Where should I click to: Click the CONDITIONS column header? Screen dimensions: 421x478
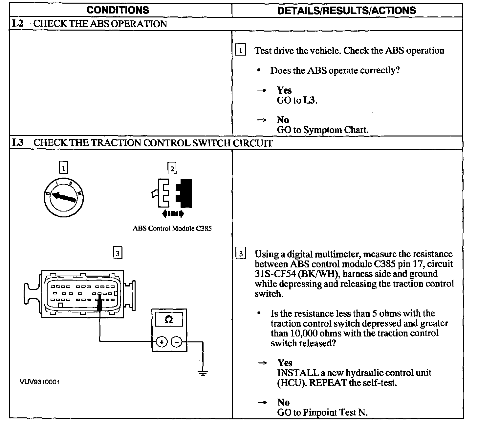[118, 10]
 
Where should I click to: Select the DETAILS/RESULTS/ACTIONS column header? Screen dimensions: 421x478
[346, 10]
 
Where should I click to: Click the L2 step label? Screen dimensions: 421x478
[17, 24]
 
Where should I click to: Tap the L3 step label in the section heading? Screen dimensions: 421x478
[18, 143]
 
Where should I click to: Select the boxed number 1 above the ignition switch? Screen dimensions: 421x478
[63, 168]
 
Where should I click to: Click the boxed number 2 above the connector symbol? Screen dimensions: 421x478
[172, 168]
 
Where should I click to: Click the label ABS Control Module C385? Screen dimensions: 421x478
[172, 228]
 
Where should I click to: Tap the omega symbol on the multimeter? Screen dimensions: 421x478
[168, 319]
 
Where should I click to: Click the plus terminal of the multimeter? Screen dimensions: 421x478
[162, 342]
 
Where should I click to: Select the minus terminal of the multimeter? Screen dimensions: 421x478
[177, 342]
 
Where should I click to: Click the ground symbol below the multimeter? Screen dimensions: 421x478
[203, 373]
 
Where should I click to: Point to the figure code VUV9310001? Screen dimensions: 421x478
[40, 382]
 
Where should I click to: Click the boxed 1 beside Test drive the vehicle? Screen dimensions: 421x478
[241, 51]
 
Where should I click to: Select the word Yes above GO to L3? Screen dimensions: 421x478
[284, 90]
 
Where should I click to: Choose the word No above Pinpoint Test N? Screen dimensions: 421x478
[283, 402]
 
